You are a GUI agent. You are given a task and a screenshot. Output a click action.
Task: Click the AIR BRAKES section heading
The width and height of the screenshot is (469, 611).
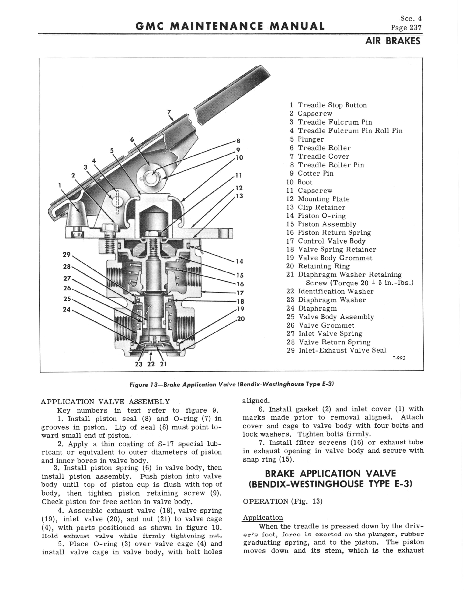[393, 41]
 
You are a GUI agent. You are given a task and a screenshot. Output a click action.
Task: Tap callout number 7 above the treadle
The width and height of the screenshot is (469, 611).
[169, 112]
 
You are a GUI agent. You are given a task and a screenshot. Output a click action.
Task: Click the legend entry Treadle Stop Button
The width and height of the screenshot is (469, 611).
[332, 105]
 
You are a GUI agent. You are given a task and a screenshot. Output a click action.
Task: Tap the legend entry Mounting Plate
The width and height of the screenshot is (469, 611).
[323, 199]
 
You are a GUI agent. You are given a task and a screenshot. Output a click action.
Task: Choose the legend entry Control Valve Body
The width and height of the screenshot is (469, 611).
[331, 241]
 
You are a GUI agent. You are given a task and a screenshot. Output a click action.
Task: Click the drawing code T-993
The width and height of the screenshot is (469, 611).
[399, 358]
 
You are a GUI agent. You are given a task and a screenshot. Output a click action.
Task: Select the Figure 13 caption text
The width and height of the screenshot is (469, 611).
[232, 384]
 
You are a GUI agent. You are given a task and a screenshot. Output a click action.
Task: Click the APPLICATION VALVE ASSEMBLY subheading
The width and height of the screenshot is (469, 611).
[105, 402]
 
